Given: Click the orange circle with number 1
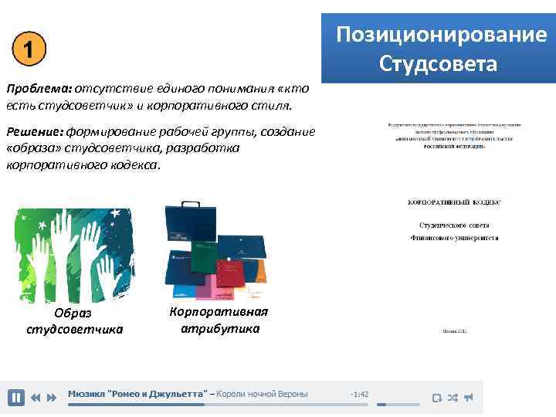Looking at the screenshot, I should click(29, 50).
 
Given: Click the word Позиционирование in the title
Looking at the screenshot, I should click(441, 36).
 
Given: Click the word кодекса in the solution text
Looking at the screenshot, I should click(134, 164).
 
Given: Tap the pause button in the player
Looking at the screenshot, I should click(15, 398).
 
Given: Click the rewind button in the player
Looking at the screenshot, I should click(36, 398).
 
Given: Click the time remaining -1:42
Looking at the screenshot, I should click(359, 395).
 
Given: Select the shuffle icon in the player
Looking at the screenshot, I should click(453, 398).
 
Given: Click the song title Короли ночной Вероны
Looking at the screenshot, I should click(262, 394).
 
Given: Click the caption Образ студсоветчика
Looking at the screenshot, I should click(74, 321).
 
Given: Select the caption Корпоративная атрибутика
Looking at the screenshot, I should click(219, 319).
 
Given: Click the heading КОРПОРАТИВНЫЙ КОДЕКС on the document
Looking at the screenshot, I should click(454, 202).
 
